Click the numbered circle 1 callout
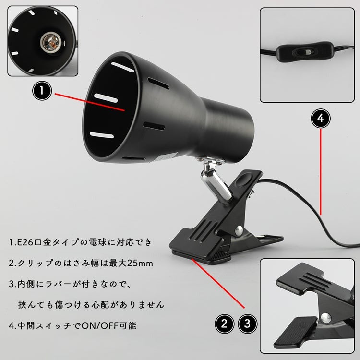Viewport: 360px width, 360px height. coord(42,91)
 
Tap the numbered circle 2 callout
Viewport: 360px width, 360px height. coord(224,324)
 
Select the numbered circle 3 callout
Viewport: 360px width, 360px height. coord(247,324)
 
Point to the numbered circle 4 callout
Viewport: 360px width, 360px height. coord(321,118)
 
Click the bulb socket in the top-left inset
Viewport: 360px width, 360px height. coord(50,42)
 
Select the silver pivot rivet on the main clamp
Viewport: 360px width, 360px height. coord(239,230)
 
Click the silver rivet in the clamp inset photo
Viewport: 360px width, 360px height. coord(325,318)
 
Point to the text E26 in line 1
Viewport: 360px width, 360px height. coord(25,242)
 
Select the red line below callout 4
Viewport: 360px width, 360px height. coord(321,172)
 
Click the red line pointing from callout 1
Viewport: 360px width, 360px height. coord(90,102)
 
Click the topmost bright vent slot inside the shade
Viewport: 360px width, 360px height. coord(122,67)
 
